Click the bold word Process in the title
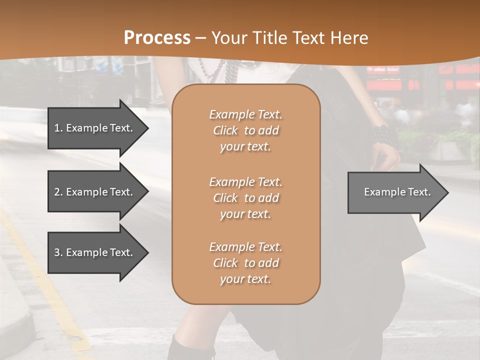tap(157, 38)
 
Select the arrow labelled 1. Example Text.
tap(93, 128)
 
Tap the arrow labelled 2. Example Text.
tap(93, 192)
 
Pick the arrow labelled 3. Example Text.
tap(93, 252)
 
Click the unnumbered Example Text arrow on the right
tap(397, 192)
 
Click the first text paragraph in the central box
tap(245, 130)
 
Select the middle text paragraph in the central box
tap(245, 198)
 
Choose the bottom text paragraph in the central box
tap(245, 263)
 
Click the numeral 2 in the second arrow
tap(57, 192)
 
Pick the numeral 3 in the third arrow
tap(57, 252)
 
